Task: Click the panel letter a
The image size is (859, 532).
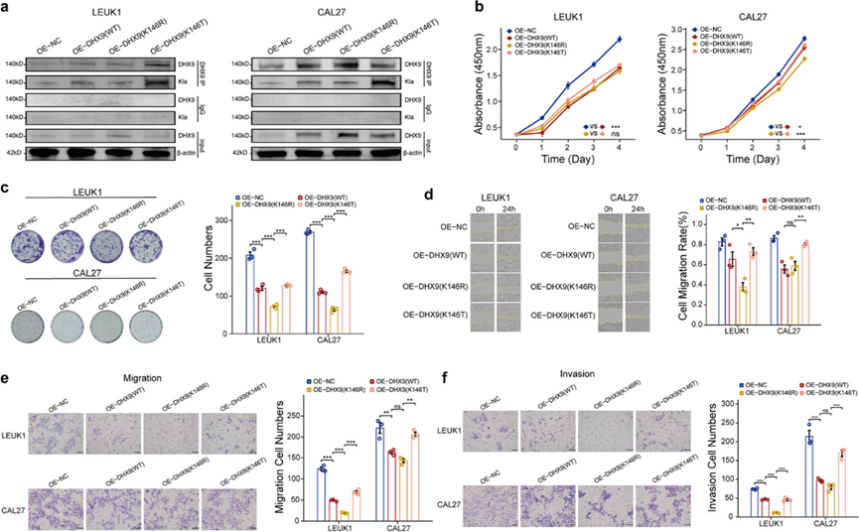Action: (8, 8)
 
